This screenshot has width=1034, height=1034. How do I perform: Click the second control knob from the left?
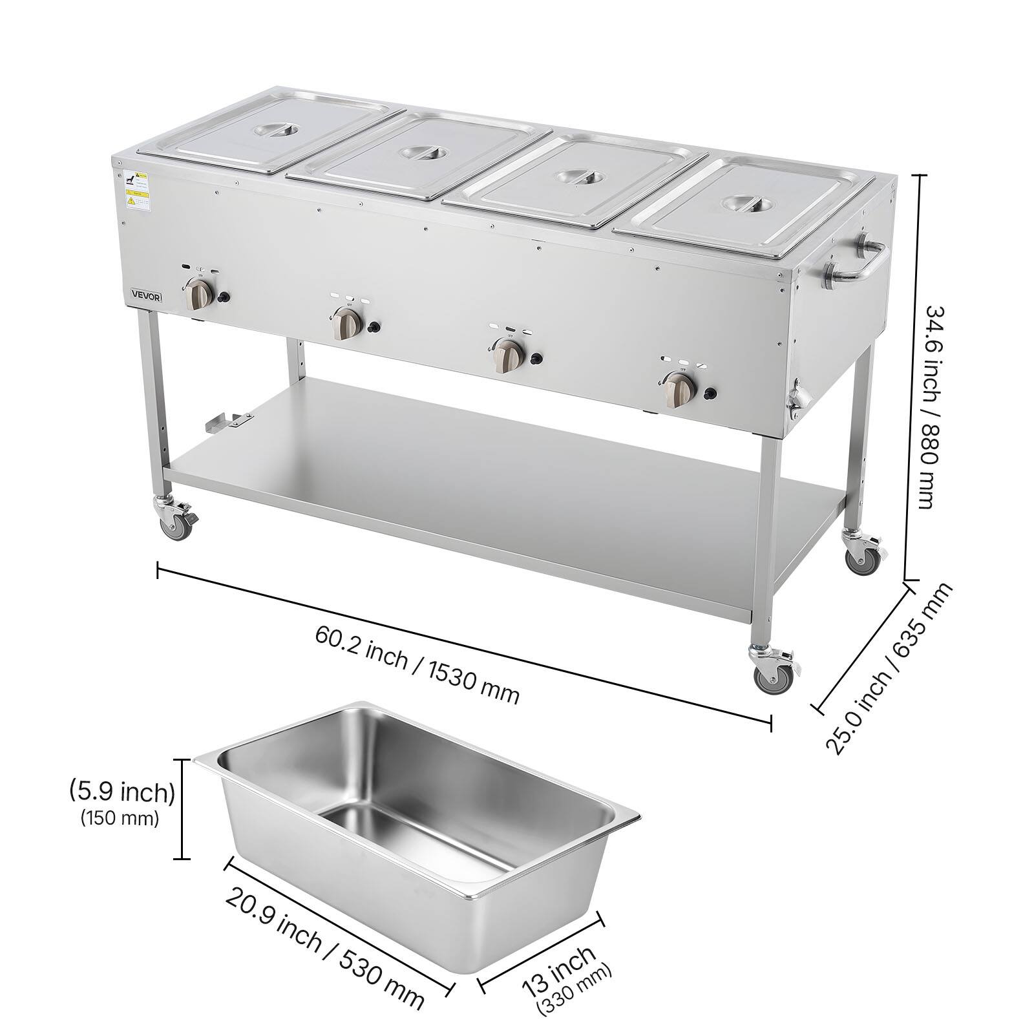346,323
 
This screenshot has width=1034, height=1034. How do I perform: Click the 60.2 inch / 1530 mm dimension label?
416,666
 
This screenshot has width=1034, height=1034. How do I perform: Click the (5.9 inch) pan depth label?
121,792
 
